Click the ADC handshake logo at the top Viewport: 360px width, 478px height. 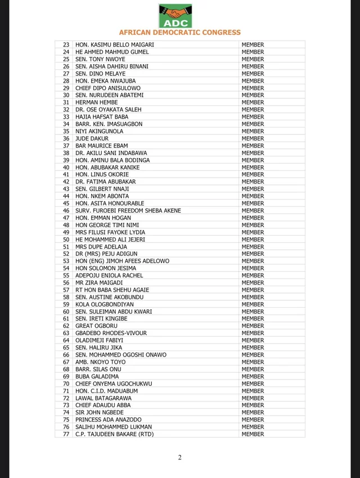click(x=175, y=16)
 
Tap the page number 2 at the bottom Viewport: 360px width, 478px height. click(x=180, y=457)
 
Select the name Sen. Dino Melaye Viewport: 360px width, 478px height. click(x=100, y=74)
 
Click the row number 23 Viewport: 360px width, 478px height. click(x=66, y=45)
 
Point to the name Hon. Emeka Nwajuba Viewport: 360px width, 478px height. click(x=105, y=81)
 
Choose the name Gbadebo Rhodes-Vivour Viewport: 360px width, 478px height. click(x=111, y=333)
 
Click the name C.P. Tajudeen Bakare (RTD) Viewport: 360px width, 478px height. click(x=114, y=434)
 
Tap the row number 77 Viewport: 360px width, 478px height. click(x=66, y=434)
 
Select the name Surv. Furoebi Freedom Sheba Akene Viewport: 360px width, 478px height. click(x=128, y=211)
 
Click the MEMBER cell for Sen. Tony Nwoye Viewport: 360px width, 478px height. click(x=253, y=59)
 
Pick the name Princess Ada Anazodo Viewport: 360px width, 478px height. click(x=108, y=420)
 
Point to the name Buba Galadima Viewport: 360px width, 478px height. click(x=97, y=376)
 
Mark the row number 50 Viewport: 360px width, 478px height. click(x=66, y=240)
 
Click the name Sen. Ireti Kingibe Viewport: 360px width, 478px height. click(x=101, y=319)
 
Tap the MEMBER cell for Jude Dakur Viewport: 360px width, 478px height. click(x=253, y=138)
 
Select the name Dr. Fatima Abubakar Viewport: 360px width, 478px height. click(x=106, y=182)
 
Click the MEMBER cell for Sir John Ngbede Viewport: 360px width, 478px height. click(x=253, y=412)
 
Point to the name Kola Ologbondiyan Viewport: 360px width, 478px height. click(x=105, y=304)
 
